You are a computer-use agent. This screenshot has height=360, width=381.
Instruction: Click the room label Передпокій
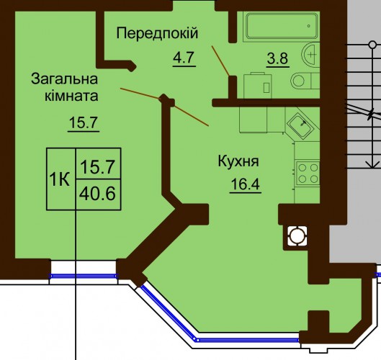click(x=157, y=33)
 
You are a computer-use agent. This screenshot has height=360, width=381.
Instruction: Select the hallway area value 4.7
click(x=184, y=58)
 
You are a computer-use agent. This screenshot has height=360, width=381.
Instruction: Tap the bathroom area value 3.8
click(x=277, y=58)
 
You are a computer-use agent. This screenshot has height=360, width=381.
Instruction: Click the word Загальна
click(x=64, y=79)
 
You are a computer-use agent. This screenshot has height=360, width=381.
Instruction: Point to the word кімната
click(x=71, y=96)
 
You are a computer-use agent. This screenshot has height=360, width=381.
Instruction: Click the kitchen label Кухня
click(x=238, y=161)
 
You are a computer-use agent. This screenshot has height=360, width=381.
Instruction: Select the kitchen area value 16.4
click(x=246, y=184)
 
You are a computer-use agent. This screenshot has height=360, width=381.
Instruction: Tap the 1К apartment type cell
click(x=60, y=179)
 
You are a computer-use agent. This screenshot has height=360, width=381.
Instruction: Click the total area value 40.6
click(x=97, y=194)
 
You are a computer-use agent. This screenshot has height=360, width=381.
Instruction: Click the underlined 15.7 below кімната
click(x=84, y=122)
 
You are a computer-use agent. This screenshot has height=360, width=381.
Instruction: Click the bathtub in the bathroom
click(x=282, y=26)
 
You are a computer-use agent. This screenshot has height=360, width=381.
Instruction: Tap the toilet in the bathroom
click(x=305, y=81)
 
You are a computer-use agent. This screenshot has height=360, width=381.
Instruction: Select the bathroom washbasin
click(x=310, y=55)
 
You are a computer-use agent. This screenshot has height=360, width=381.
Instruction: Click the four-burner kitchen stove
click(x=308, y=174)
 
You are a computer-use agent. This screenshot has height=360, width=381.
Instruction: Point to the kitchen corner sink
click(x=301, y=126)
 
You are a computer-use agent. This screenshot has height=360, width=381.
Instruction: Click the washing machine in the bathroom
click(x=258, y=86)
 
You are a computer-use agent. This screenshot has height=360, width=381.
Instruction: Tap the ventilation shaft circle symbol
click(x=297, y=235)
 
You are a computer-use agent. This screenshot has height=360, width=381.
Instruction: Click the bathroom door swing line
click(x=220, y=60)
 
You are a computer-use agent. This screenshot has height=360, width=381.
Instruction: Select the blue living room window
click(x=84, y=276)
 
